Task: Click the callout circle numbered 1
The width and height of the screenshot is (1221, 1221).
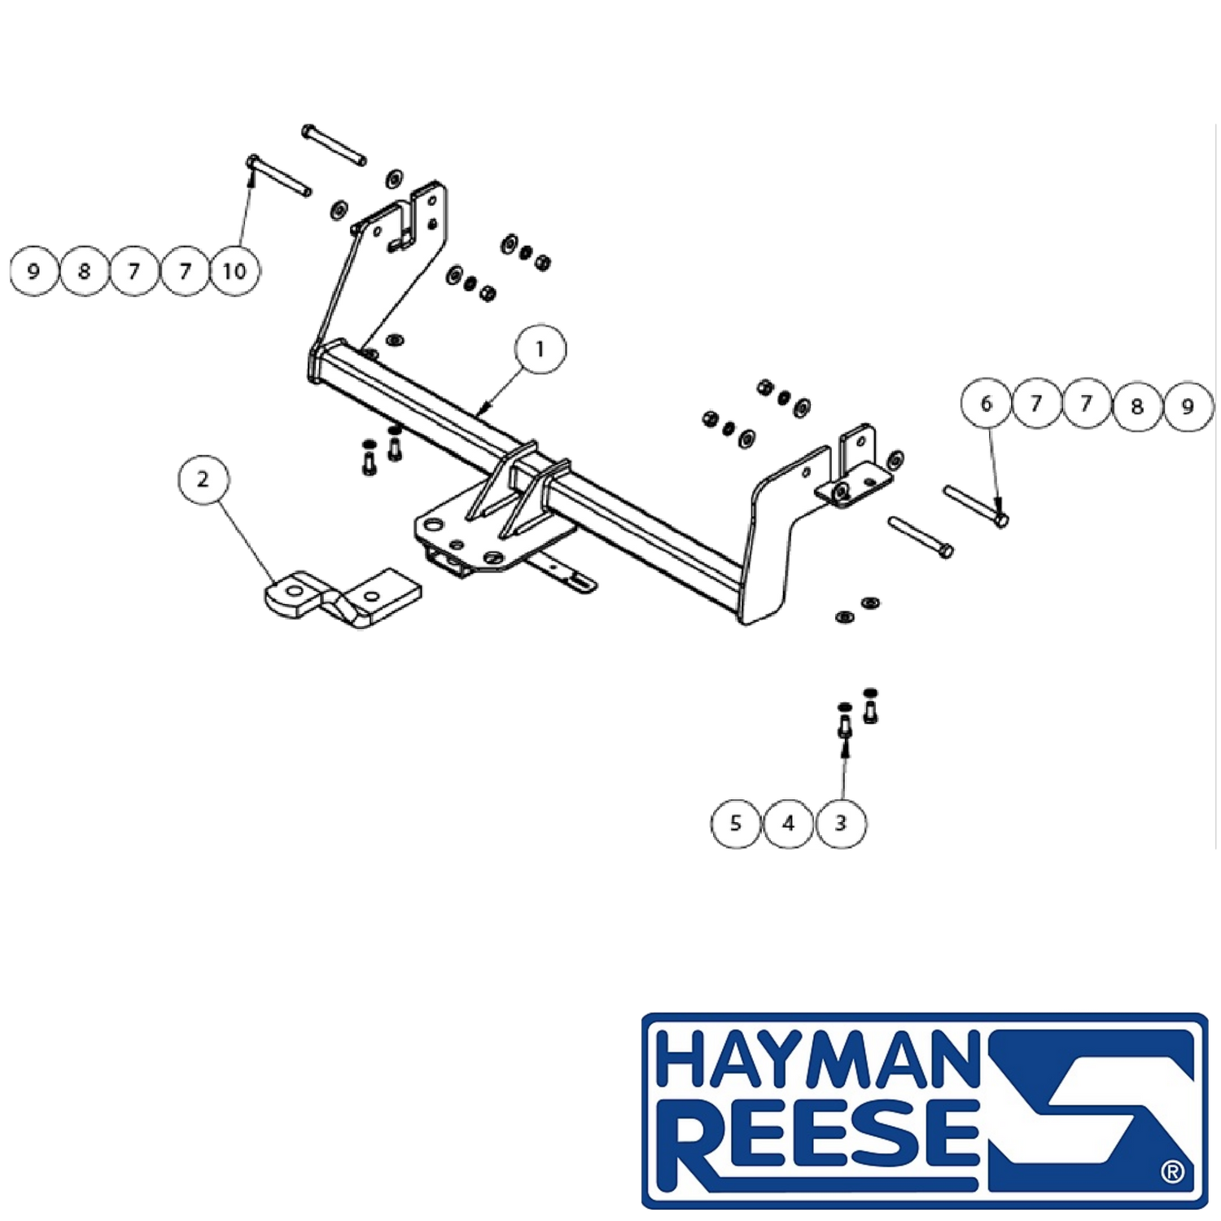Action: [540, 349]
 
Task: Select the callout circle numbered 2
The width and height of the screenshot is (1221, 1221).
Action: [203, 479]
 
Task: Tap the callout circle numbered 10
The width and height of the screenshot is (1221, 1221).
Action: [235, 271]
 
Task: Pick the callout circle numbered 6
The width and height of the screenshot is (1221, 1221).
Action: [987, 404]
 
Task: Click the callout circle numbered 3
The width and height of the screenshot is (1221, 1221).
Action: [841, 823]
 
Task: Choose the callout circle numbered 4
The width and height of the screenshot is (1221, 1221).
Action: [788, 823]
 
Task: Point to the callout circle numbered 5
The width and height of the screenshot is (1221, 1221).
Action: [736, 823]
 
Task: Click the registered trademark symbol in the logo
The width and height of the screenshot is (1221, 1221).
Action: [1173, 1172]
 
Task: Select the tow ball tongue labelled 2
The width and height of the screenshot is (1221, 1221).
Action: [344, 598]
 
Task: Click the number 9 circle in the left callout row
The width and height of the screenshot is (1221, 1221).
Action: [34, 271]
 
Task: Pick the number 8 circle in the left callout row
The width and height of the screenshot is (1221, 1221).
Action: [85, 271]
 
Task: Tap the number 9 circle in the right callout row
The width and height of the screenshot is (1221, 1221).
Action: [1188, 405]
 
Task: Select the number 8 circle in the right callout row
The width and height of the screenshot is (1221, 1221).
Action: [1137, 405]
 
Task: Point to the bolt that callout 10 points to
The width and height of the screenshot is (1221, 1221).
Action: [280, 175]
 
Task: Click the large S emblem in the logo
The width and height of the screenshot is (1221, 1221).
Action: [1091, 1111]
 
